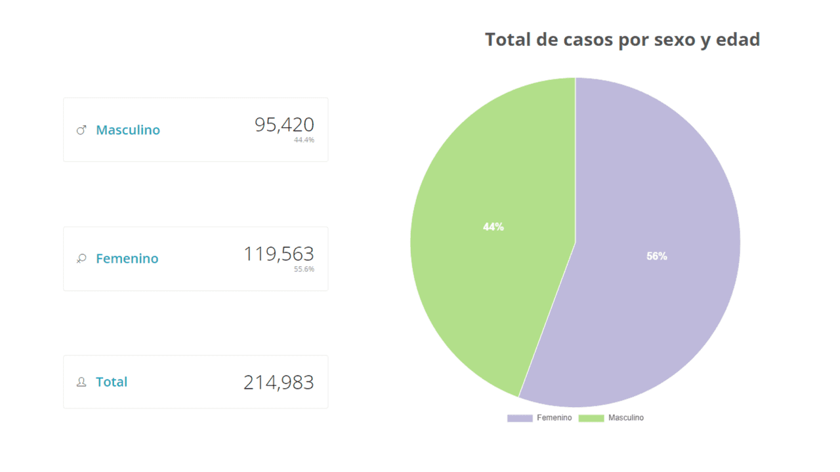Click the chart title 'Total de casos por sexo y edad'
pyautogui.click(x=622, y=39)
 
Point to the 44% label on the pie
pyautogui.click(x=493, y=227)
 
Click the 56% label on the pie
pyautogui.click(x=656, y=256)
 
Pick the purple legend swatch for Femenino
pyautogui.click(x=520, y=418)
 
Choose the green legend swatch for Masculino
pyautogui.click(x=591, y=418)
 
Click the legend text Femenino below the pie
pyautogui.click(x=554, y=418)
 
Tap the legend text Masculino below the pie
pyautogui.click(x=625, y=418)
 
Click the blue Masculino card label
pyautogui.click(x=128, y=130)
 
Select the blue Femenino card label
pyautogui.click(x=127, y=258)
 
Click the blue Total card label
pyautogui.click(x=112, y=382)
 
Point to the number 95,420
pyautogui.click(x=284, y=125)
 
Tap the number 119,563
pyautogui.click(x=279, y=254)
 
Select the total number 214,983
pyautogui.click(x=279, y=382)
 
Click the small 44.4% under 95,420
pyautogui.click(x=304, y=140)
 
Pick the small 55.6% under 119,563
pyautogui.click(x=304, y=269)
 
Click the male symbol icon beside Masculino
pyautogui.click(x=81, y=130)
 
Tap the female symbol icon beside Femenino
pyautogui.click(x=81, y=259)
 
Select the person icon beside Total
pyautogui.click(x=81, y=382)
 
